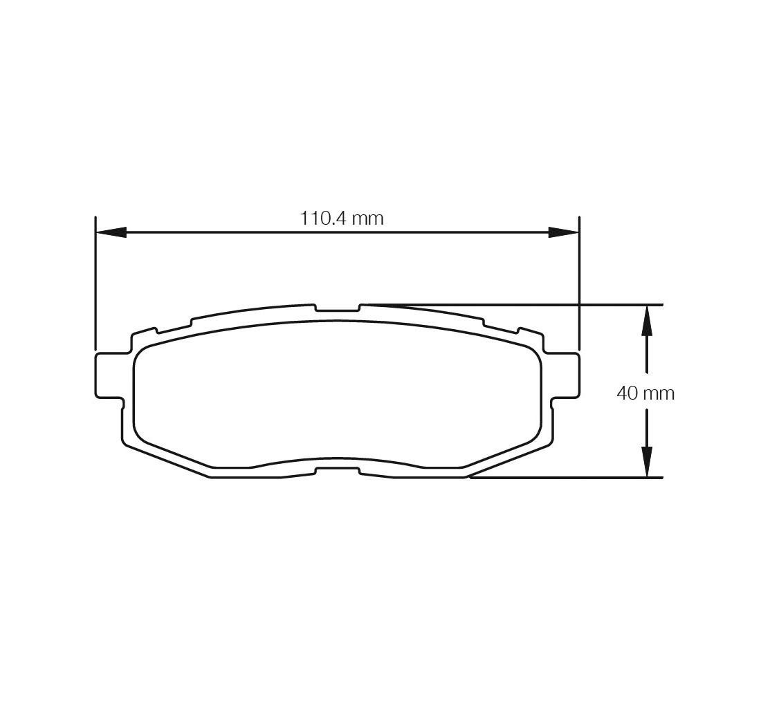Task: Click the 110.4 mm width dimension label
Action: [x=342, y=218]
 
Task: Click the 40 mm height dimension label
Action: [x=645, y=393]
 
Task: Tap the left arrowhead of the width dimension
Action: [x=111, y=232]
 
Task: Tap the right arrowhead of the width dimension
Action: [x=564, y=232]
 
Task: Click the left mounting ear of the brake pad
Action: [x=109, y=376]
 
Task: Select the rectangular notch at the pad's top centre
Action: [x=338, y=308]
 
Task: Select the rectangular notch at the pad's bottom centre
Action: [x=338, y=471]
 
